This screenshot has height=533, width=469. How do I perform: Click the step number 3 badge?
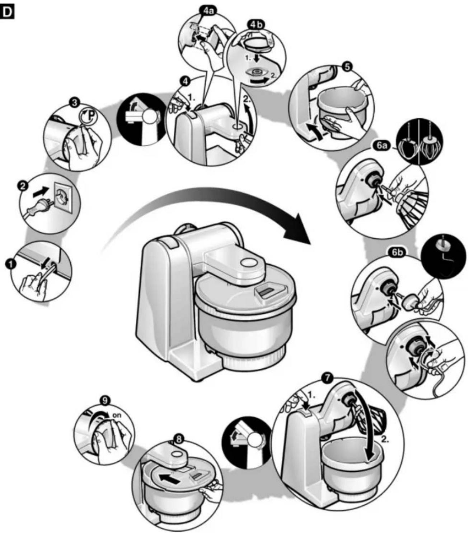click(x=75, y=103)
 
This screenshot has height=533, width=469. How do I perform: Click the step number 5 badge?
click(x=347, y=67)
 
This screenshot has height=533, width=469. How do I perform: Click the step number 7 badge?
click(x=328, y=379)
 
